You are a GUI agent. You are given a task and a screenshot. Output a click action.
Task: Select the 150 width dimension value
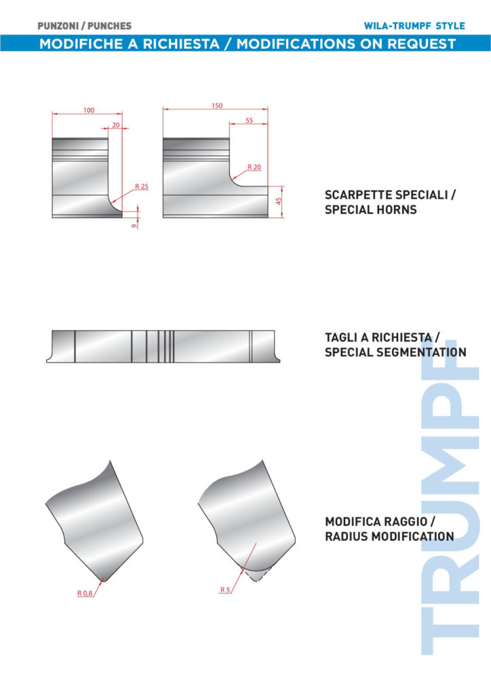click(x=217, y=106)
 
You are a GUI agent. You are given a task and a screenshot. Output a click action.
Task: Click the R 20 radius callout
click(x=254, y=167)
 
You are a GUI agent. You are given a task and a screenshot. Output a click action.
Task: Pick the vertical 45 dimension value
click(x=279, y=202)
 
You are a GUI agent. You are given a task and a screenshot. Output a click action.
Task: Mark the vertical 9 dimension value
click(x=135, y=225)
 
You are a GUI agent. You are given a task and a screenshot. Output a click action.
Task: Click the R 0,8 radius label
click(x=85, y=593)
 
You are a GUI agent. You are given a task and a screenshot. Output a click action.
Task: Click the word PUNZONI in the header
click(x=59, y=26)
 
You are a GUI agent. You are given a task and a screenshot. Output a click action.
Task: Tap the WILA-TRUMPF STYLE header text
click(x=414, y=26)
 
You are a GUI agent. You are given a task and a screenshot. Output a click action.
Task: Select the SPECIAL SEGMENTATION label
click(x=395, y=352)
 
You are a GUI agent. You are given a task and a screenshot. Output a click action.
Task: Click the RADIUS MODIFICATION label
click(x=389, y=536)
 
